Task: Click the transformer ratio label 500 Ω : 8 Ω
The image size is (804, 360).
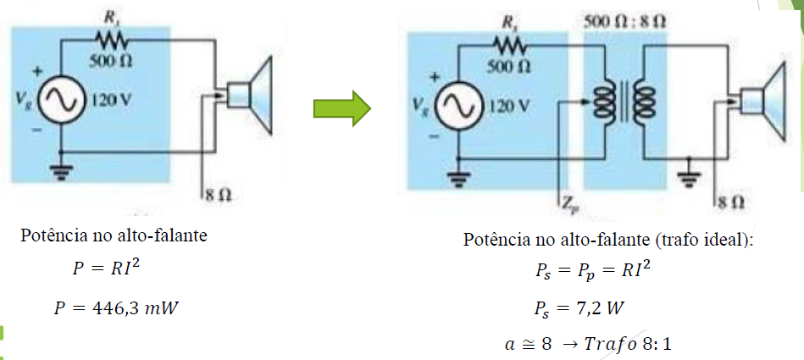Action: (x=625, y=19)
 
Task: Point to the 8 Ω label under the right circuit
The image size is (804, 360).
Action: (x=732, y=202)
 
